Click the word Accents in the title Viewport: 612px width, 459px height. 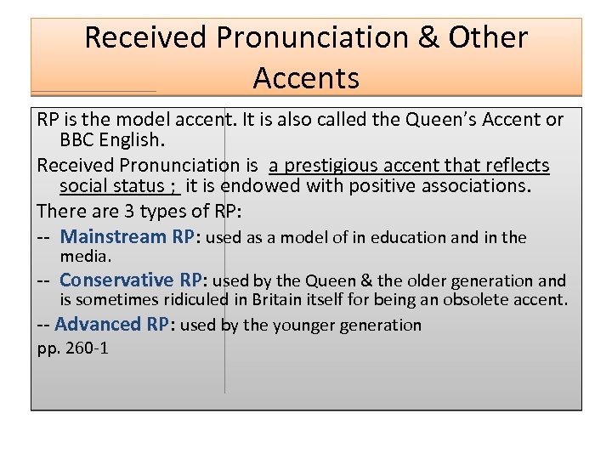click(306, 78)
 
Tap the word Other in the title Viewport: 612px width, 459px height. click(488, 37)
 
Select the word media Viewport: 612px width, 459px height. click(85, 256)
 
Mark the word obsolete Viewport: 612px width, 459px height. click(479, 299)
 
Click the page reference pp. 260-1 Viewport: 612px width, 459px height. click(73, 348)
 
